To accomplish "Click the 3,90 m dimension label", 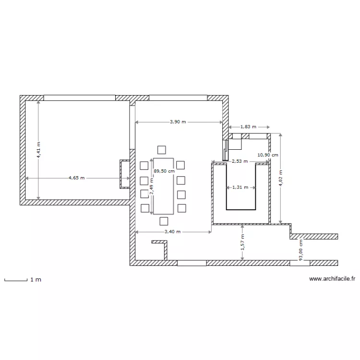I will click(178, 122).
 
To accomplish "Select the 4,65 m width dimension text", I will click(76, 178).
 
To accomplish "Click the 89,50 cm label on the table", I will click(164, 170).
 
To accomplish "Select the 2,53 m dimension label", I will click(240, 162).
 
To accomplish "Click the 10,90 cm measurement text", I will click(268, 155).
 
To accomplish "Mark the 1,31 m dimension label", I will click(240, 187).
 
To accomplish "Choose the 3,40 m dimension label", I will click(173, 232).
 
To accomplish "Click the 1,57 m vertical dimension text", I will click(243, 242).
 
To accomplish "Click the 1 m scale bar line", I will click(15, 279).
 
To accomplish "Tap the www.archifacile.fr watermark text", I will click(332, 278).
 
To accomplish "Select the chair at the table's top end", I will click(162, 149).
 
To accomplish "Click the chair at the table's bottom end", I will click(164, 221).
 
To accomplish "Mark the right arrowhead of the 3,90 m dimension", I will click(220, 122).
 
